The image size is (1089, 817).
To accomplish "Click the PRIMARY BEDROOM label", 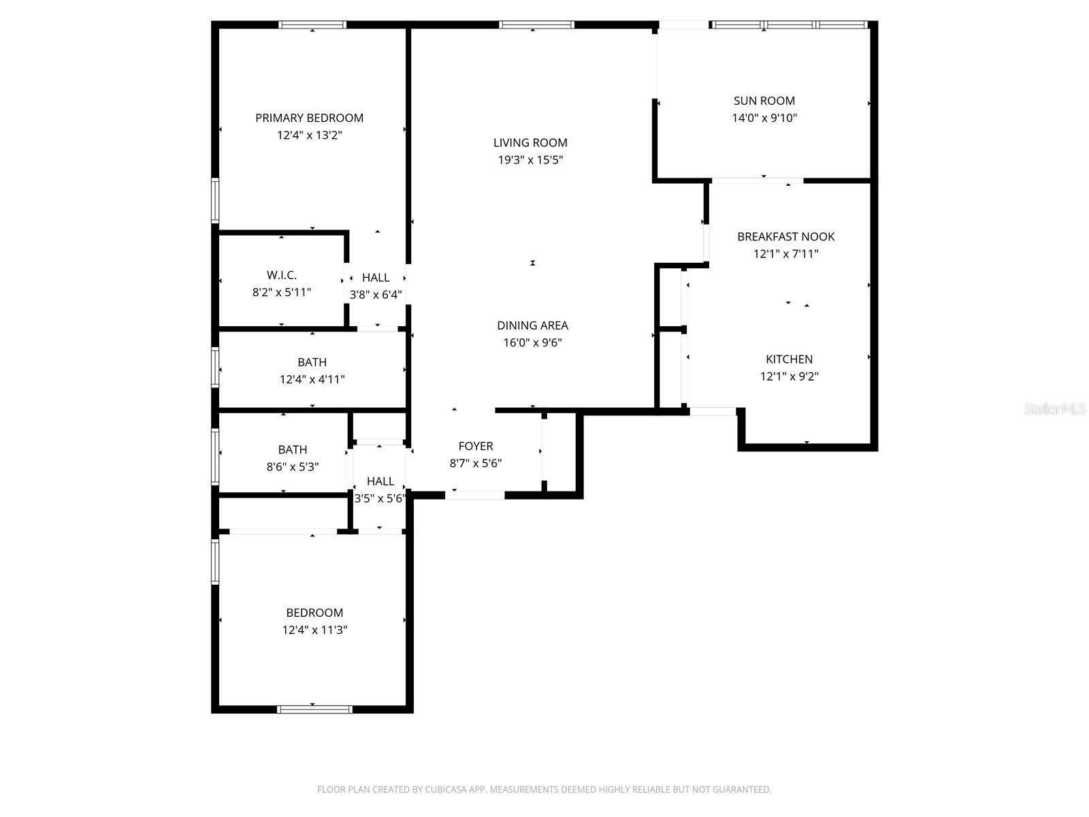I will point(309,118).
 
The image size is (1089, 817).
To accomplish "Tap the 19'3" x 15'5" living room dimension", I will point(530,160).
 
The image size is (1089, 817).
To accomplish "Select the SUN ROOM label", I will point(764,101).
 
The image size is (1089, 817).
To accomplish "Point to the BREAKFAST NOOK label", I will point(785,237).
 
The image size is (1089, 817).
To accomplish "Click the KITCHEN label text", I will point(789,359).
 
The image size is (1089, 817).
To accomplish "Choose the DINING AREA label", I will point(532,325).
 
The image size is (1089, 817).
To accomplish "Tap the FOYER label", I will point(475,446).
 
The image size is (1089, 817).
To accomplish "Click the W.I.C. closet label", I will point(281,275).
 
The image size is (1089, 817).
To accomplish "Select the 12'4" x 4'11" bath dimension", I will point(312,379).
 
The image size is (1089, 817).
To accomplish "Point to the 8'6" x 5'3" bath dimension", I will point(292,467).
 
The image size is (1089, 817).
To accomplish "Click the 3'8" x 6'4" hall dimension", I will point(376,295).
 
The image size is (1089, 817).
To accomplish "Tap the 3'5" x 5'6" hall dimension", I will point(380,498).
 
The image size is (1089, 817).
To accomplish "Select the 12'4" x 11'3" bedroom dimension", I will point(314,630).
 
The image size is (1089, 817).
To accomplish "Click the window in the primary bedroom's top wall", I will point(312,25).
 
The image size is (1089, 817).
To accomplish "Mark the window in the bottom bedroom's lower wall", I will point(314,709).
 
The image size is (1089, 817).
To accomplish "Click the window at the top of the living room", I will point(536,25).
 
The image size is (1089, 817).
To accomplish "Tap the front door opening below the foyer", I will point(475,495).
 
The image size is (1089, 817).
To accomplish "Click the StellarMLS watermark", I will point(1055,409).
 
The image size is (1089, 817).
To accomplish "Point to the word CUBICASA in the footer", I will point(445,790).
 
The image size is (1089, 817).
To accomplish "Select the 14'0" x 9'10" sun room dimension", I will point(764,118).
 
